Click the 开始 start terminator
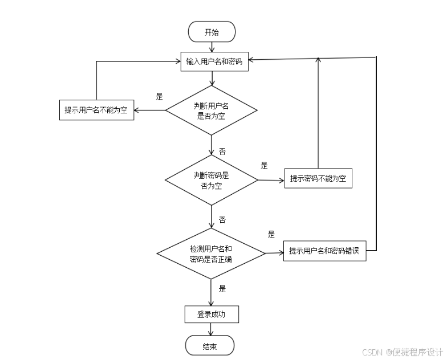click(211, 32)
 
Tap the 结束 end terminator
click(210, 346)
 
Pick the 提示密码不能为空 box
click(318, 179)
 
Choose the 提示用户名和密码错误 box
click(324, 251)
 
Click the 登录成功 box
click(211, 314)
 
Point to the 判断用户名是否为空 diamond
click(212, 110)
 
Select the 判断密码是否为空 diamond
click(211, 180)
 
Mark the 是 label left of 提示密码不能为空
click(264, 166)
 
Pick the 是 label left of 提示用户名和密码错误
click(271, 234)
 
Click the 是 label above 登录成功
click(222, 289)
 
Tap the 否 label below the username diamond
click(222, 152)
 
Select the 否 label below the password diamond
click(222, 220)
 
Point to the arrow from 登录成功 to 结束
click(211, 329)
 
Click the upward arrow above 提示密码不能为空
click(318, 114)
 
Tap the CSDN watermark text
click(402, 351)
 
